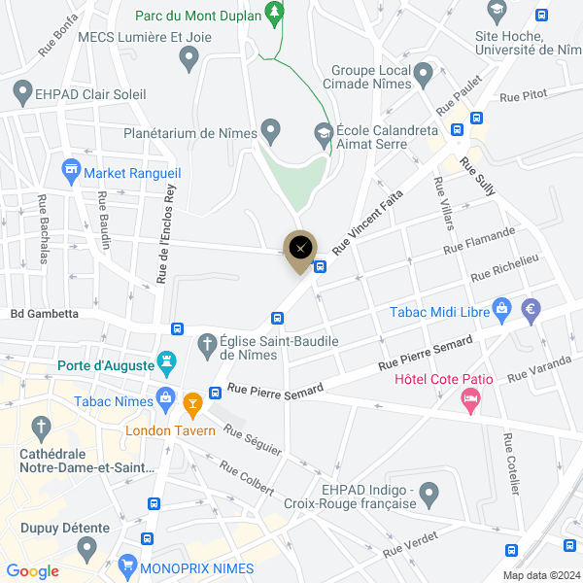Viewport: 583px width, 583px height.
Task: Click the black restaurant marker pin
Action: pyautogui.click(x=301, y=247)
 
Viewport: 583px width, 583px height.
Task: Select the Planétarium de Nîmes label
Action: pyautogui.click(x=189, y=132)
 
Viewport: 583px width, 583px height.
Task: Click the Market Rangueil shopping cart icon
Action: pyautogui.click(x=70, y=172)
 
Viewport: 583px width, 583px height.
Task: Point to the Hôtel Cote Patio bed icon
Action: pyautogui.click(x=471, y=398)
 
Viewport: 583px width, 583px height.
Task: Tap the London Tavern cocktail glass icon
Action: pyautogui.click(x=192, y=400)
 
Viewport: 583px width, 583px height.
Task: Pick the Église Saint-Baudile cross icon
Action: pyautogui.click(x=206, y=343)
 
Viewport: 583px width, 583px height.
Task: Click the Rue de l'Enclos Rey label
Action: pyautogui.click(x=166, y=233)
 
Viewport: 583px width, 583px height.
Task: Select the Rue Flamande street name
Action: pyautogui.click(x=479, y=242)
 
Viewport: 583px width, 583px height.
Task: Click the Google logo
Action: pyautogui.click(x=32, y=571)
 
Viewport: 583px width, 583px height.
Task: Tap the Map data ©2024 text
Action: pyautogui.click(x=540, y=575)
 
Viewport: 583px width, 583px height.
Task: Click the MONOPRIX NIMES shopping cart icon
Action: pyautogui.click(x=126, y=565)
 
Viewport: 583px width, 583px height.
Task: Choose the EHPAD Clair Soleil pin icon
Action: pyautogui.click(x=22, y=93)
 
